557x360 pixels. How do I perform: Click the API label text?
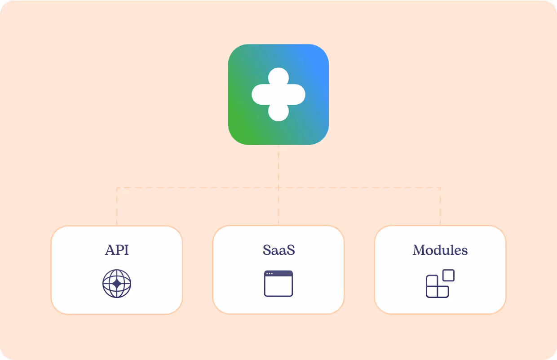point(117,250)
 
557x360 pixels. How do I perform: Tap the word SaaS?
point(278,250)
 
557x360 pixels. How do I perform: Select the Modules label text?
point(440,250)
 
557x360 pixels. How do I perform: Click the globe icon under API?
point(117,284)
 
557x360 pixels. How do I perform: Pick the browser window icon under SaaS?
point(278,284)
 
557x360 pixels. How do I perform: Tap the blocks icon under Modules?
point(440,284)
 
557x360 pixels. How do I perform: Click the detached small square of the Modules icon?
point(448,275)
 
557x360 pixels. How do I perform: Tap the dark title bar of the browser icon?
point(278,273)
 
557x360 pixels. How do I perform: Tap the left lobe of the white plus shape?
point(260,94)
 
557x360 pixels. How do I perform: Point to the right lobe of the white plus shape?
point(297,94)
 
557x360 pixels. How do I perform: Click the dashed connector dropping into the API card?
point(117,207)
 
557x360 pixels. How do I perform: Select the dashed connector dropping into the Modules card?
point(440,207)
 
